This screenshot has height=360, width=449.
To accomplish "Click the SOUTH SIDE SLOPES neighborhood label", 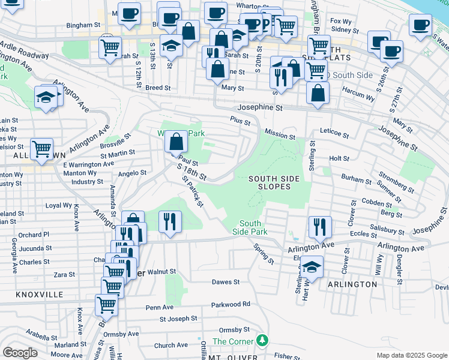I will (270, 182).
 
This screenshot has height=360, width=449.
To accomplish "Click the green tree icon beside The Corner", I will (261, 341).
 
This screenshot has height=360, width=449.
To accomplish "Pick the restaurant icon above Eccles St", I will (319, 227).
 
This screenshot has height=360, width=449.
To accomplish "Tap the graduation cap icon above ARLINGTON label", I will (312, 266).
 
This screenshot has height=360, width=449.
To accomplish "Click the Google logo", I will (20, 353).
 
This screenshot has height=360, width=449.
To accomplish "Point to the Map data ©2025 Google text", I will (411, 355).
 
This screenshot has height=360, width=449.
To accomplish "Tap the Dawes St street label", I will (226, 281).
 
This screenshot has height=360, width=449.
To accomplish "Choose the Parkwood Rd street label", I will (231, 304).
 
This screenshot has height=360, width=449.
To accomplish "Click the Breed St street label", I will (158, 88).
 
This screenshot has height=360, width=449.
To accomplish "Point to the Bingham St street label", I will (83, 26).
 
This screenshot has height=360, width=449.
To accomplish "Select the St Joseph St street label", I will (178, 318).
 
